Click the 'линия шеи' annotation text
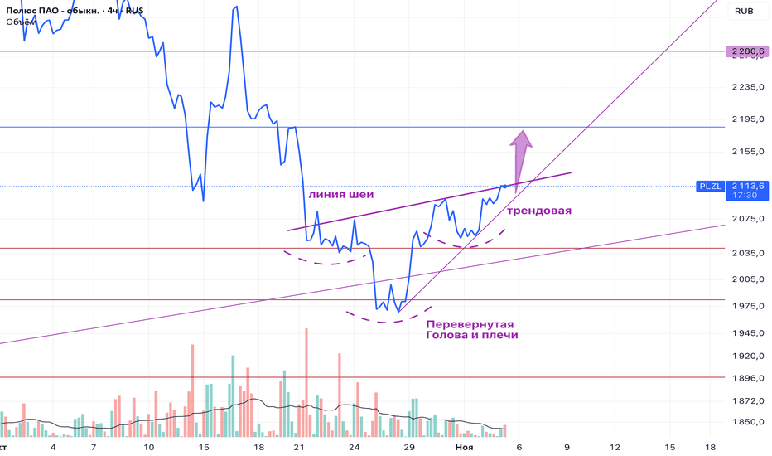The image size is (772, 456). [x=340, y=195]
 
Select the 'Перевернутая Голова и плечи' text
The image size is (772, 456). [x=471, y=329]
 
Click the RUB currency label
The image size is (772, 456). [x=743, y=12]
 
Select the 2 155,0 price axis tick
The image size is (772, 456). [x=747, y=152]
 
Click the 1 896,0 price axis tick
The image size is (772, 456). [x=747, y=378]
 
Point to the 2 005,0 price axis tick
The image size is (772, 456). [x=747, y=280]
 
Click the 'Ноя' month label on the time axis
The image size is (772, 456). [x=465, y=447]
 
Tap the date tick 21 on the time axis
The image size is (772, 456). [x=300, y=447]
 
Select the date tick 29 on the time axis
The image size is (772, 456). [x=409, y=447]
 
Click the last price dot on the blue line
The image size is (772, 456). [x=504, y=186]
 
